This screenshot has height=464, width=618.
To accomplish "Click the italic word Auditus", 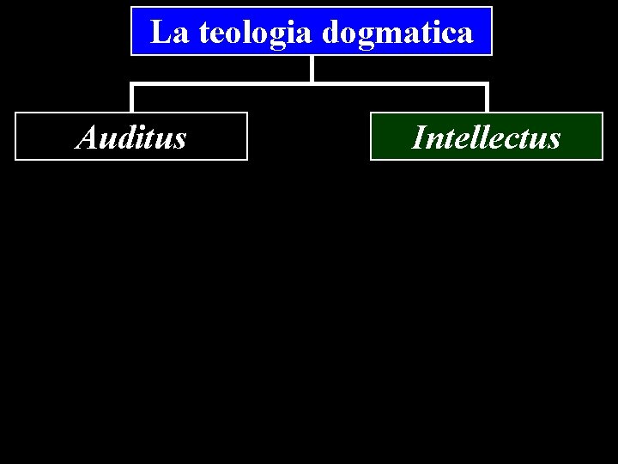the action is click(x=131, y=137).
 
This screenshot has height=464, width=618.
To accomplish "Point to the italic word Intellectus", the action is click(x=486, y=137).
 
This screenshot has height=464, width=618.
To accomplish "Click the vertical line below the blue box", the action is click(x=312, y=69).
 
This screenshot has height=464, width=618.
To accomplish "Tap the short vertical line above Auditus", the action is click(x=131, y=98).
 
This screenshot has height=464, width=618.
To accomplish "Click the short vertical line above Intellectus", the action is click(x=487, y=98).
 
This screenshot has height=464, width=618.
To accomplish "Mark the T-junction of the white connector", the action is click(x=312, y=83).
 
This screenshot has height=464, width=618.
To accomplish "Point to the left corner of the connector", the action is click(x=131, y=84).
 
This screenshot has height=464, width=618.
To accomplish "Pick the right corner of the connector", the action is click(x=487, y=84).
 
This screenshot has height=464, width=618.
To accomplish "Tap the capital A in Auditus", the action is click(x=87, y=137).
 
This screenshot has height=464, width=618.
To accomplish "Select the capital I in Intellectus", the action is click(x=419, y=137).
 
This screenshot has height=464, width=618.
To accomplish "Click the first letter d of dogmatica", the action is click(x=332, y=34).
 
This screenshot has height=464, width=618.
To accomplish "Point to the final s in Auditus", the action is click(x=179, y=139).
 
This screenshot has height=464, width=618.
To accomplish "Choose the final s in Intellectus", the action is click(x=554, y=139).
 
